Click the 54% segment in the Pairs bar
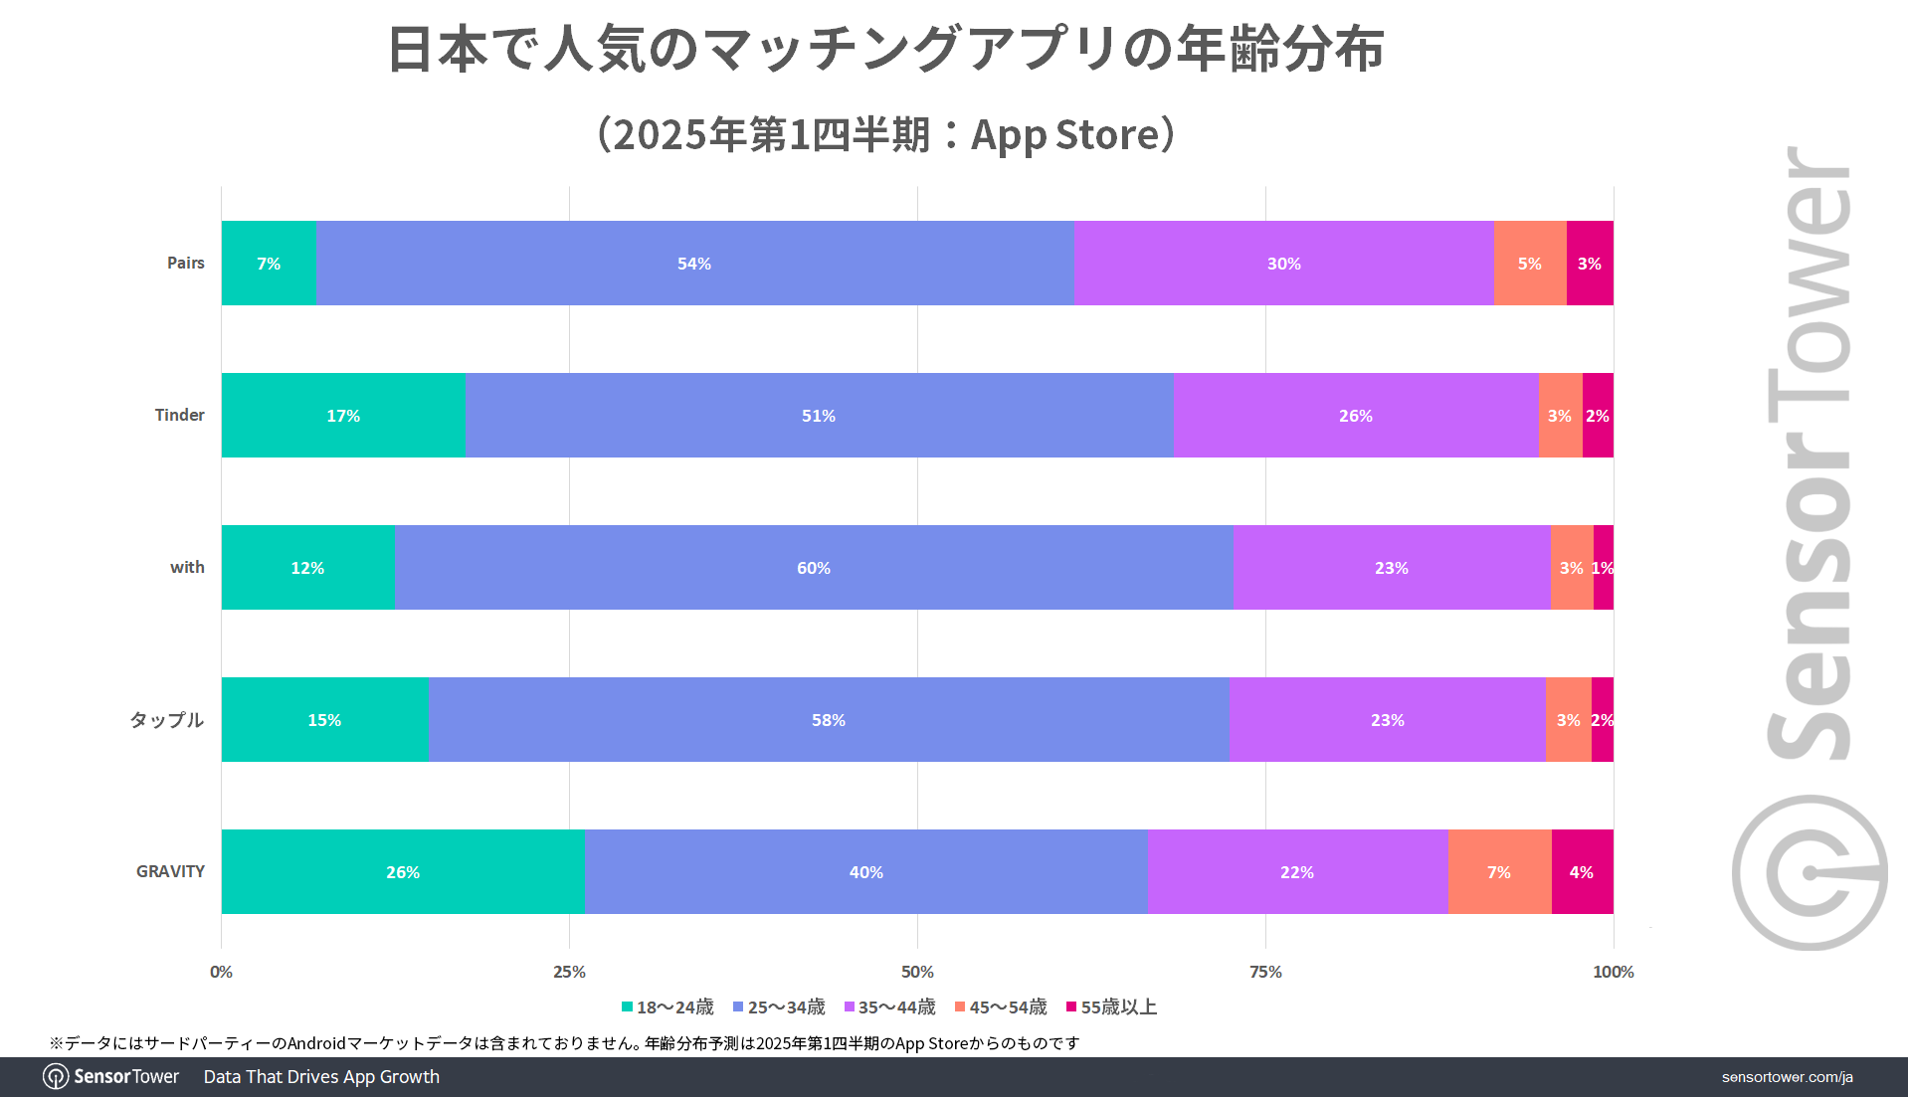click(x=694, y=264)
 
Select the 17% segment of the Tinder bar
click(x=343, y=416)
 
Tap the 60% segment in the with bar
click(x=814, y=568)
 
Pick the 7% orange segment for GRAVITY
click(x=1499, y=872)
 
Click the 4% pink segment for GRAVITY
click(x=1582, y=872)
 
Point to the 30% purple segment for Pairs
click(x=1283, y=264)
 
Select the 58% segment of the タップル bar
click(x=829, y=720)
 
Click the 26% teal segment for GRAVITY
click(x=403, y=872)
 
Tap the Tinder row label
click(x=179, y=415)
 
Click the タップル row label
click(x=167, y=719)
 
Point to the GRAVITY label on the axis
click(x=170, y=871)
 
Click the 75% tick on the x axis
click(x=1265, y=972)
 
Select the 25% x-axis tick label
click(x=569, y=972)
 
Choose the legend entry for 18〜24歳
click(x=668, y=1007)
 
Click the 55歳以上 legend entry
click(x=1111, y=1007)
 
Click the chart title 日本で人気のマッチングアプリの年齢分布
click(x=885, y=50)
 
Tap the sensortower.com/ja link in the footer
click(x=1787, y=1077)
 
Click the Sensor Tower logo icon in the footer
click(x=56, y=1077)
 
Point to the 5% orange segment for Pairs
click(x=1529, y=264)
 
